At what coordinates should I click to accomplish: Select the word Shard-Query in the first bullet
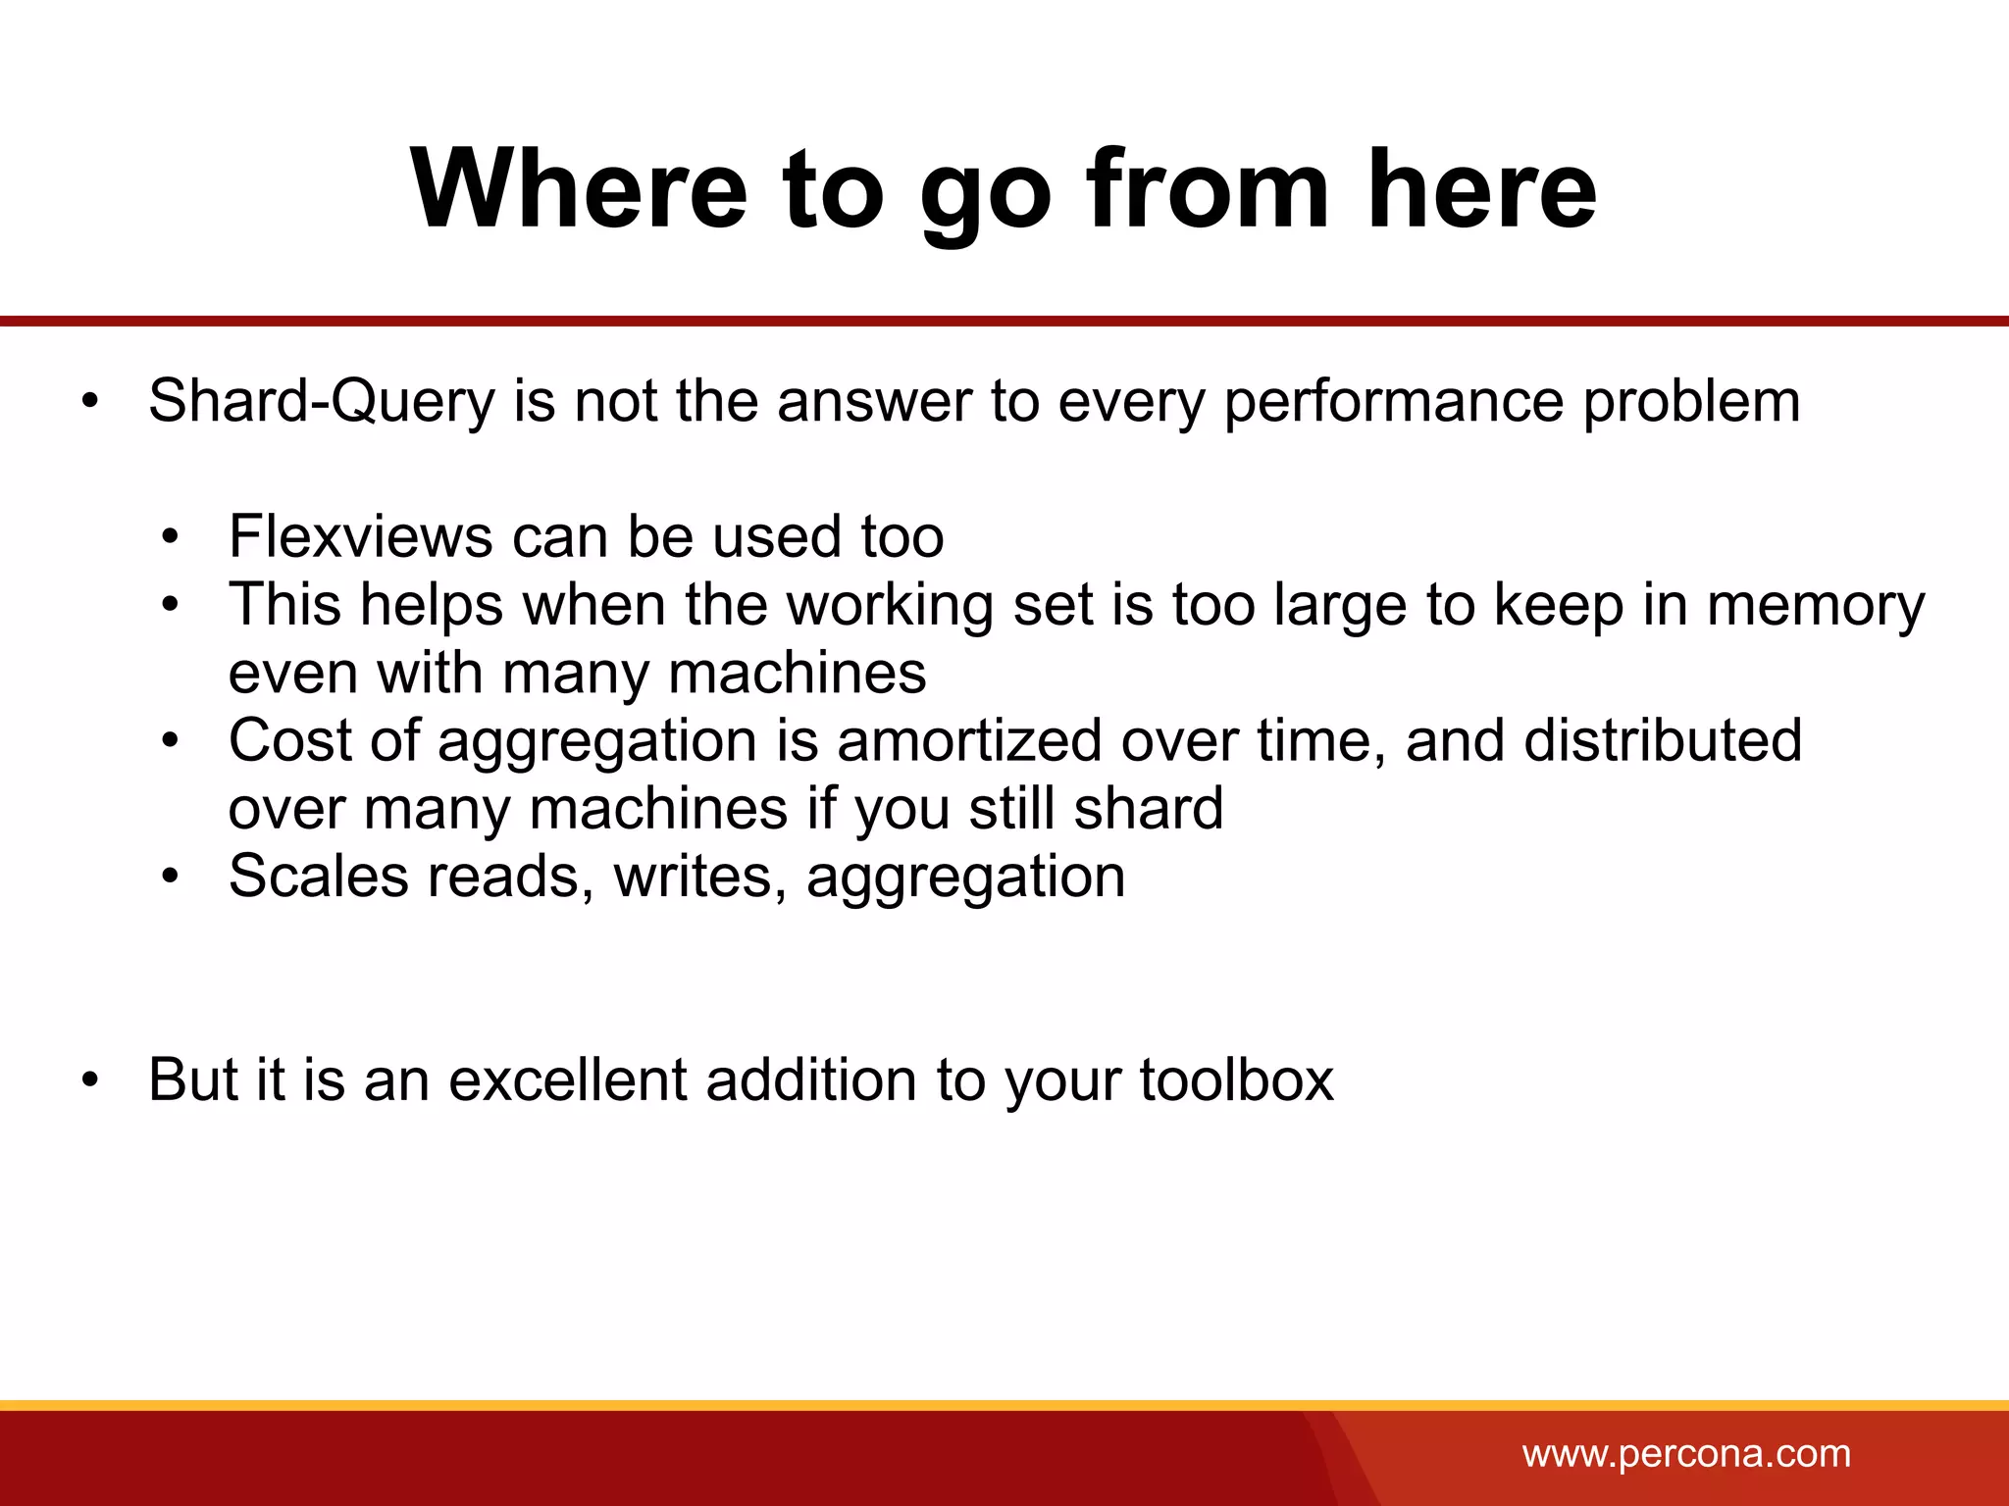click(x=322, y=402)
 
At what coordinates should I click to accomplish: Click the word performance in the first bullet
click(x=1394, y=402)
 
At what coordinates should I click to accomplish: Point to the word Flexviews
click(x=360, y=537)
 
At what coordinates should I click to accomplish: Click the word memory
click(x=1816, y=606)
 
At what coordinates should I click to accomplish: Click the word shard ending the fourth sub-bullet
click(x=1148, y=809)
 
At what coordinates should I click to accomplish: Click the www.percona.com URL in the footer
click(x=1686, y=1454)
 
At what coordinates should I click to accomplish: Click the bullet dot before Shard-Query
click(x=91, y=402)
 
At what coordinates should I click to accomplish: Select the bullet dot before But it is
click(x=91, y=1080)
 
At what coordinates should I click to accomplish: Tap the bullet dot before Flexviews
click(x=172, y=537)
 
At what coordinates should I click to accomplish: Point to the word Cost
click(x=289, y=740)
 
